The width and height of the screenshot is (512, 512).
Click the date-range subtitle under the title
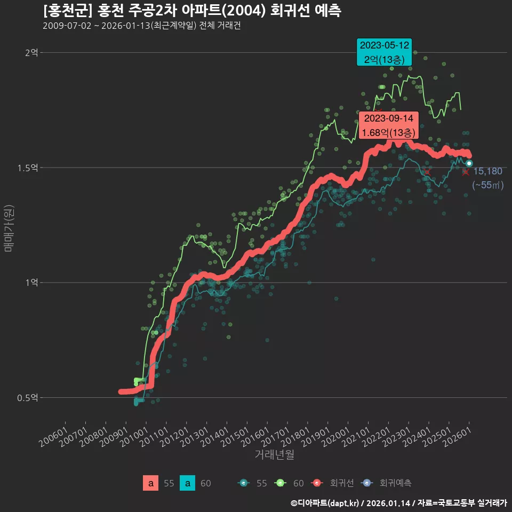[141, 26]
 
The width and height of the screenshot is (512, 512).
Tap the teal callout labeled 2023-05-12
[385, 52]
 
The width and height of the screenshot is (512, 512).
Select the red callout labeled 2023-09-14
[389, 125]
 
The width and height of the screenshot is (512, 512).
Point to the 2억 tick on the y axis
[31, 52]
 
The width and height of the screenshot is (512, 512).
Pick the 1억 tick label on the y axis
[31, 283]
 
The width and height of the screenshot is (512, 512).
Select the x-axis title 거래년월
[274, 454]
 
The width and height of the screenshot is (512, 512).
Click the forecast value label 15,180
[487, 171]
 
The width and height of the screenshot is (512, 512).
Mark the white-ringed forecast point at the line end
[469, 163]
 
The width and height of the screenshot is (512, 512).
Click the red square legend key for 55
[151, 483]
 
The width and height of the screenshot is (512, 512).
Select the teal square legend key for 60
[188, 483]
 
